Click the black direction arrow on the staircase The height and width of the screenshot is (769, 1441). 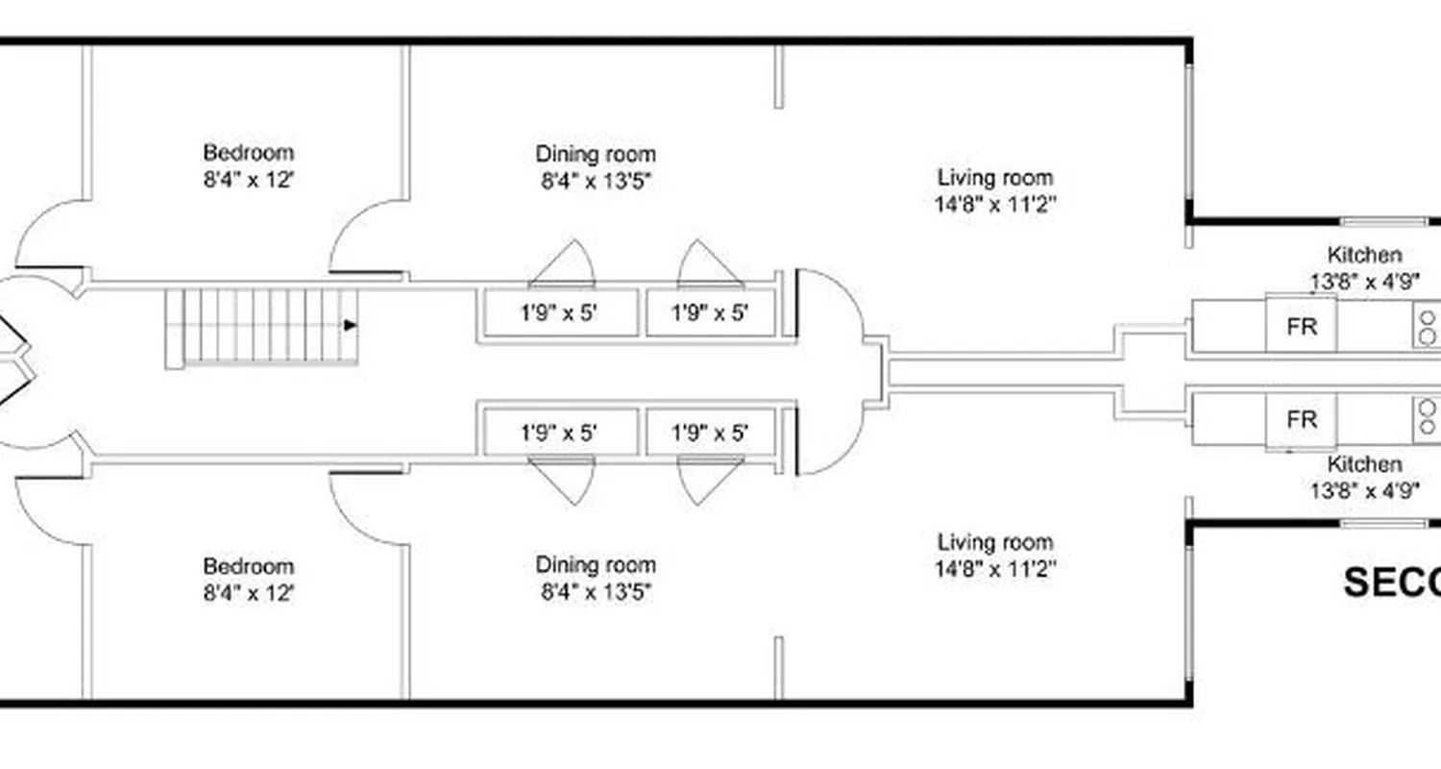point(351,326)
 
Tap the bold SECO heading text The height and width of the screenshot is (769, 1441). point(1391,583)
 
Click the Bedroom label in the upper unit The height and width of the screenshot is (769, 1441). point(248,153)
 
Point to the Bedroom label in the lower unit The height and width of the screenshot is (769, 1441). point(248,566)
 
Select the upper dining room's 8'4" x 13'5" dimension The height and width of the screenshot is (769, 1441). point(596,181)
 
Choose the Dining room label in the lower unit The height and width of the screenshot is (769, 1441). point(596,565)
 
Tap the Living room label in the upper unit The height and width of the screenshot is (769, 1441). point(995,178)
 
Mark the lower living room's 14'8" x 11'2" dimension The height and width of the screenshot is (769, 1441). point(995,569)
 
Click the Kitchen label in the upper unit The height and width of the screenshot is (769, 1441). point(1364,256)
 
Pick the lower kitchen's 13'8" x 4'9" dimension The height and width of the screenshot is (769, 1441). point(1364,490)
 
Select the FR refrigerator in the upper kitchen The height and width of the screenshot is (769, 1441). point(1301,326)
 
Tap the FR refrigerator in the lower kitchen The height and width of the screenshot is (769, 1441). point(1301,420)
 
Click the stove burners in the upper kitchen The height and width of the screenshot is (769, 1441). point(1428,327)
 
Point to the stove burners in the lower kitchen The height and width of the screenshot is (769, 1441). point(1428,417)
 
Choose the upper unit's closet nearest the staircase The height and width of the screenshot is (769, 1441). point(560,313)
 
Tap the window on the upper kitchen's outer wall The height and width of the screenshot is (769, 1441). point(1383,221)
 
